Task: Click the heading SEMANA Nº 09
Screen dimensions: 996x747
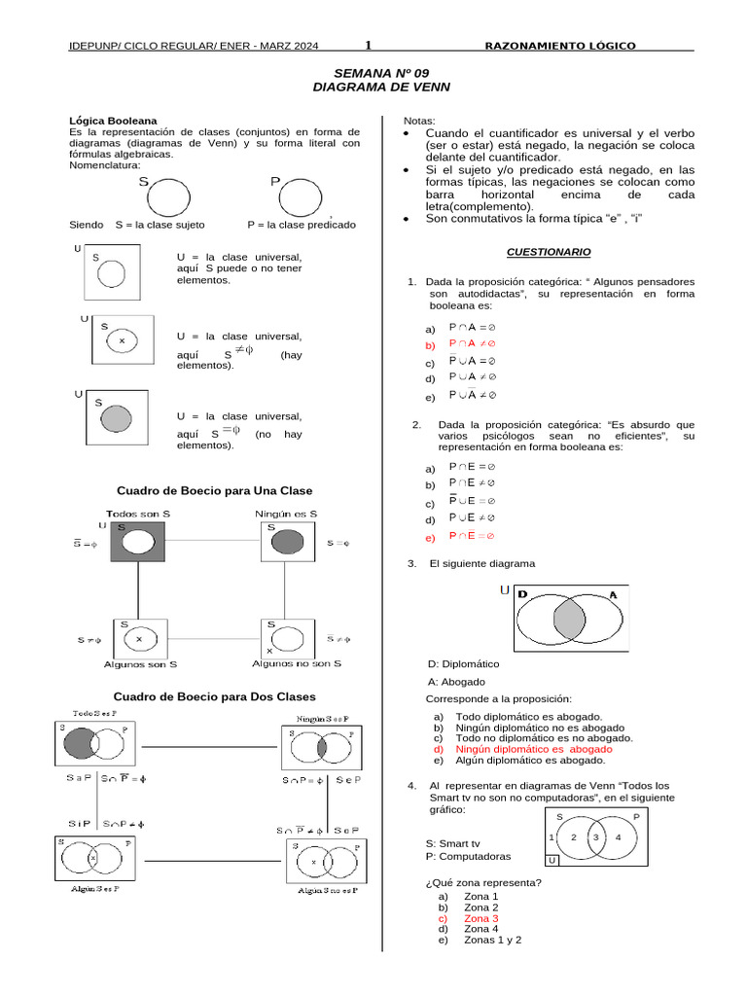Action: (x=381, y=73)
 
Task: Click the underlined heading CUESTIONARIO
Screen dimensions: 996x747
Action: (x=549, y=252)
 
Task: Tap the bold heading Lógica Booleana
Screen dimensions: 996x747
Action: (x=106, y=120)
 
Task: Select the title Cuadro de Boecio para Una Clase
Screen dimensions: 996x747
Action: (x=214, y=490)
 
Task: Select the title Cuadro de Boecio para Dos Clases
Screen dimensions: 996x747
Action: (x=214, y=696)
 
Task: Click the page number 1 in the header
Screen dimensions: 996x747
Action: (x=369, y=46)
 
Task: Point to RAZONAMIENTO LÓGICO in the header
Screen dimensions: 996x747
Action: (x=560, y=46)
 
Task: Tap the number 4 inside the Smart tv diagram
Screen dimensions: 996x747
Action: (x=619, y=836)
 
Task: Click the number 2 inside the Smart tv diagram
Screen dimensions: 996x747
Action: (x=574, y=836)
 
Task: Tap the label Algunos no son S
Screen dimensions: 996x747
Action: (x=297, y=663)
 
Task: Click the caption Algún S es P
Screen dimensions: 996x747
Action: (x=94, y=888)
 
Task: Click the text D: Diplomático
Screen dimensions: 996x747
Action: (x=463, y=663)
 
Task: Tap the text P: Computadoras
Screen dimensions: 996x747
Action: (x=468, y=857)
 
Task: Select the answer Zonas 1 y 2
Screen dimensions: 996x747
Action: (x=493, y=941)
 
